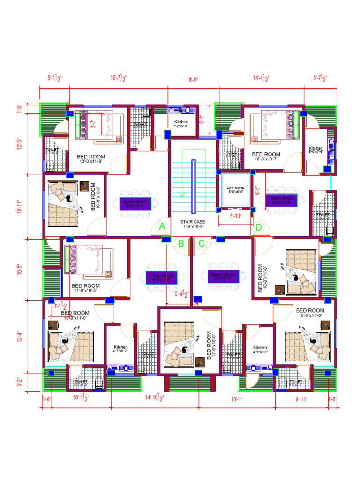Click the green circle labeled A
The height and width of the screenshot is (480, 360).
[162, 227]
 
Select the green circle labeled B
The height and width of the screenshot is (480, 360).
[180, 243]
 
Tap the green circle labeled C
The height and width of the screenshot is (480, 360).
[202, 243]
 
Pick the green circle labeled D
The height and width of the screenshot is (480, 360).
[258, 227]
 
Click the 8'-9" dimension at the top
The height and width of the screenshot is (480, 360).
[193, 80]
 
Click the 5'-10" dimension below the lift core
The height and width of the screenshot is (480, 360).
[236, 216]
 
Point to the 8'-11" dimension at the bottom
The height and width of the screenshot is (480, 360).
[301, 399]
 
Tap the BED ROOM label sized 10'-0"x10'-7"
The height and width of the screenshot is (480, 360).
[266, 156]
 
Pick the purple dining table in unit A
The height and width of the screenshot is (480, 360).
[135, 203]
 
